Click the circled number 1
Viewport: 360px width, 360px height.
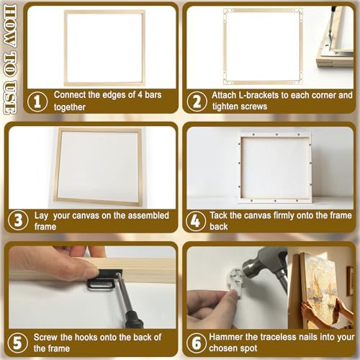click(37, 102)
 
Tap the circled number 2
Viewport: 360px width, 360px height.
click(197, 102)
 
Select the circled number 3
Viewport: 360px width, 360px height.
click(18, 220)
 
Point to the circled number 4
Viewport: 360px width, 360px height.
click(196, 221)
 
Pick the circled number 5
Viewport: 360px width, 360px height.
click(17, 343)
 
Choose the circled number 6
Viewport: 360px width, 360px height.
click(197, 343)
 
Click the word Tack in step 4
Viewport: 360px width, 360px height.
click(218, 215)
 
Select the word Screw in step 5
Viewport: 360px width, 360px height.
click(45, 337)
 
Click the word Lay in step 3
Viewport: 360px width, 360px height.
click(41, 216)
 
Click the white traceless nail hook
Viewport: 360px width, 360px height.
click(235, 282)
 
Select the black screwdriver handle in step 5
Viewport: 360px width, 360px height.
click(134, 319)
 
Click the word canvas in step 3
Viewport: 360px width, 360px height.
click(86, 215)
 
